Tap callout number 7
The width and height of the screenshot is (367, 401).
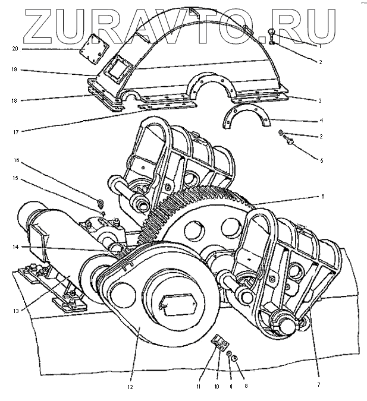click(x=318, y=385)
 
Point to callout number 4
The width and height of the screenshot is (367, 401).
click(x=321, y=121)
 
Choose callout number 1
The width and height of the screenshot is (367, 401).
click(x=319, y=45)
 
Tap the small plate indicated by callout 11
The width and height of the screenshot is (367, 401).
click(x=220, y=344)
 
